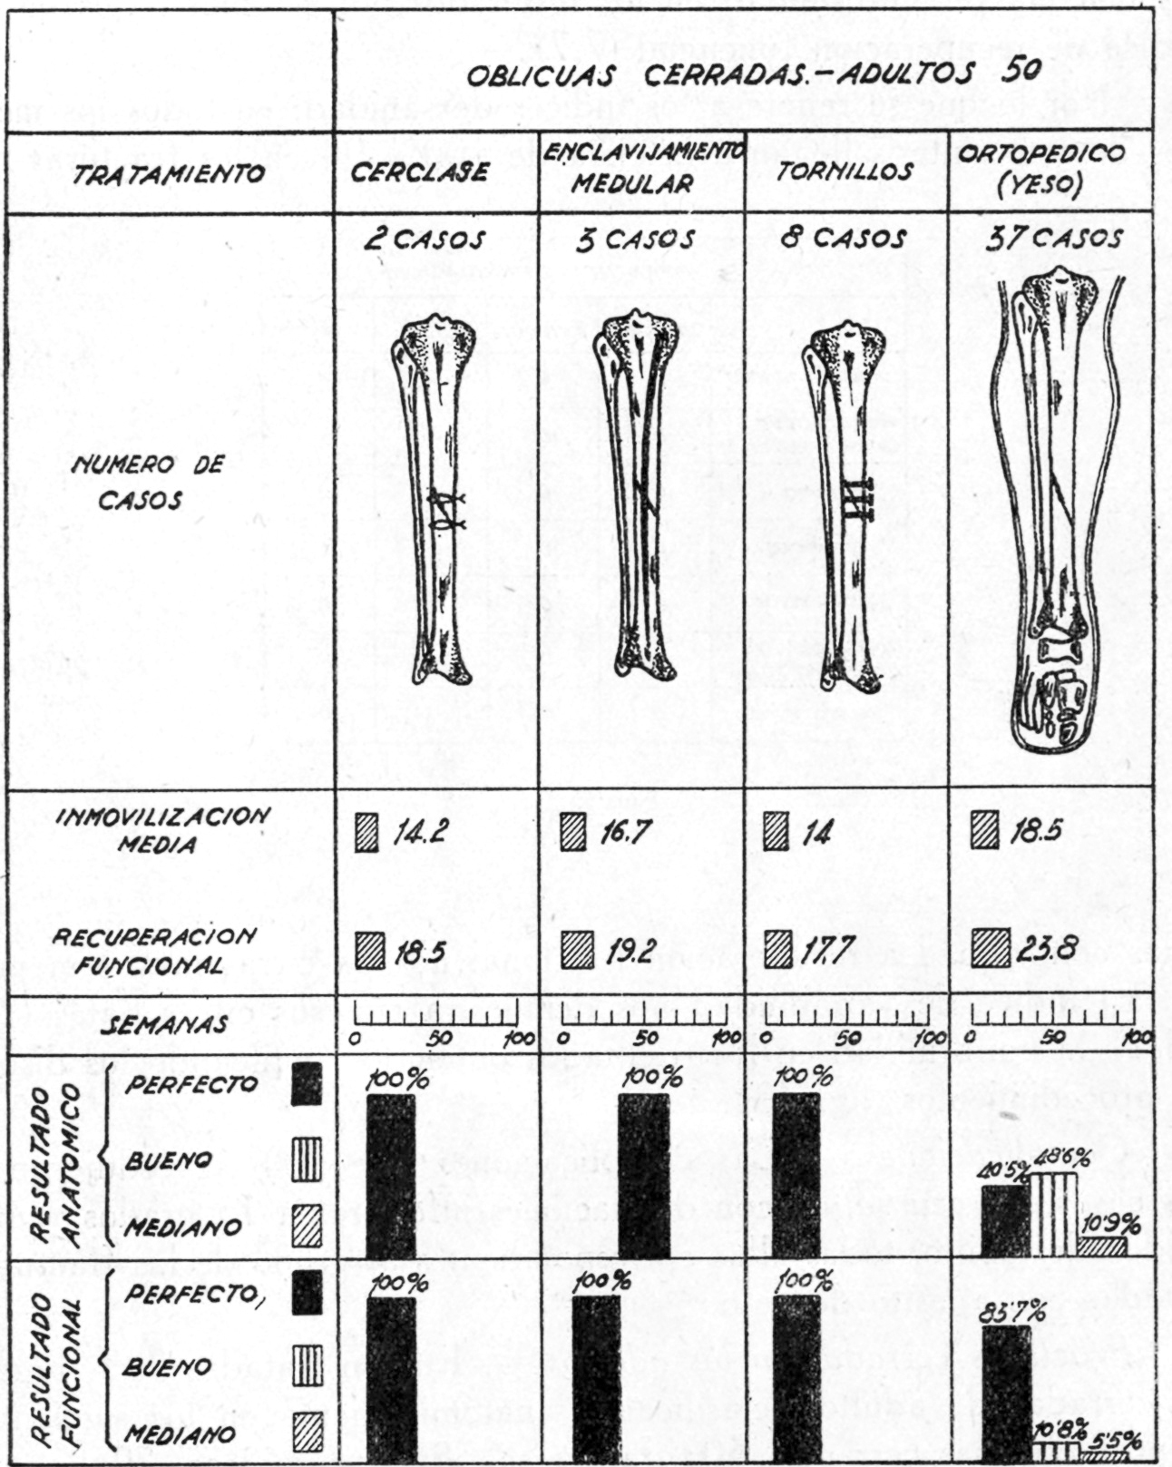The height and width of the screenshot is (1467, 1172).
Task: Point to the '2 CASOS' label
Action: tap(425, 240)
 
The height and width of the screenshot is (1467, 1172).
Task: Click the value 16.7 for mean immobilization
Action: tap(623, 832)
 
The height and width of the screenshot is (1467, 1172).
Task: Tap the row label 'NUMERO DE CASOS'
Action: tap(147, 483)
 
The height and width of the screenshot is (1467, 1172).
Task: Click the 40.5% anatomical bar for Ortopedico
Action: tap(1005, 1220)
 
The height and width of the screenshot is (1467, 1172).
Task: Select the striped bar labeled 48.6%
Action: tap(1053, 1214)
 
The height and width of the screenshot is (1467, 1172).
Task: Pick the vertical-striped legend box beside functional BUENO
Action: tap(308, 1364)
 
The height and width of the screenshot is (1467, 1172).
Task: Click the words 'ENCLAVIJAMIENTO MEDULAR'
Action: tap(642, 168)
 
